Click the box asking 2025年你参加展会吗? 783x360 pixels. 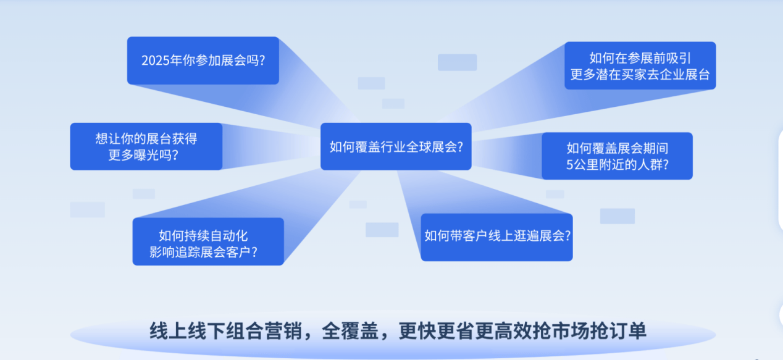click(203, 61)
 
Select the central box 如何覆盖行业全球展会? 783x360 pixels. click(396, 146)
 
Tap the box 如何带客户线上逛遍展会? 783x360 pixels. click(496, 237)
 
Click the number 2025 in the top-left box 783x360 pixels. click(155, 61)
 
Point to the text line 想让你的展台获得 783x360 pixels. click(146, 138)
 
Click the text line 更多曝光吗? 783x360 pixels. click(143, 155)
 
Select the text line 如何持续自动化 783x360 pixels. click(203, 235)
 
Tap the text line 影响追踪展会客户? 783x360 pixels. click(203, 252)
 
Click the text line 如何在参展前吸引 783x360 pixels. click(640, 58)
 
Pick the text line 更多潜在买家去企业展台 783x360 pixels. click(640, 75)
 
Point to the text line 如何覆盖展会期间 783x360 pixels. click(618, 148)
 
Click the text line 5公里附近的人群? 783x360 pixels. click(618, 164)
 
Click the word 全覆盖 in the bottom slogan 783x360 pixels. click(350, 330)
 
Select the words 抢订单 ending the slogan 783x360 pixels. click(618, 330)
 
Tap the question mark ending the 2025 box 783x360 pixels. click(262, 61)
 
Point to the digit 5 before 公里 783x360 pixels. click(570, 164)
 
